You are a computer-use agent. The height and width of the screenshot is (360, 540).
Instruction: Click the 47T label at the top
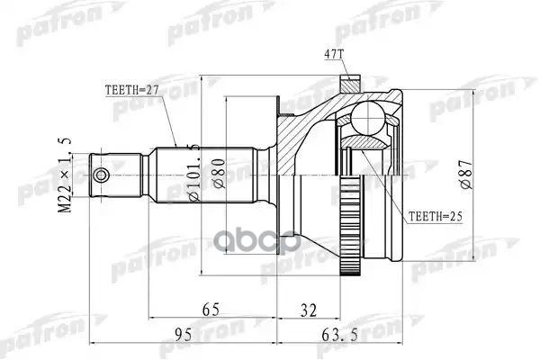coord(335,54)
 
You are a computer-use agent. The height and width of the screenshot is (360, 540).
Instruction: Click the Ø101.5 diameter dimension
coord(192,170)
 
